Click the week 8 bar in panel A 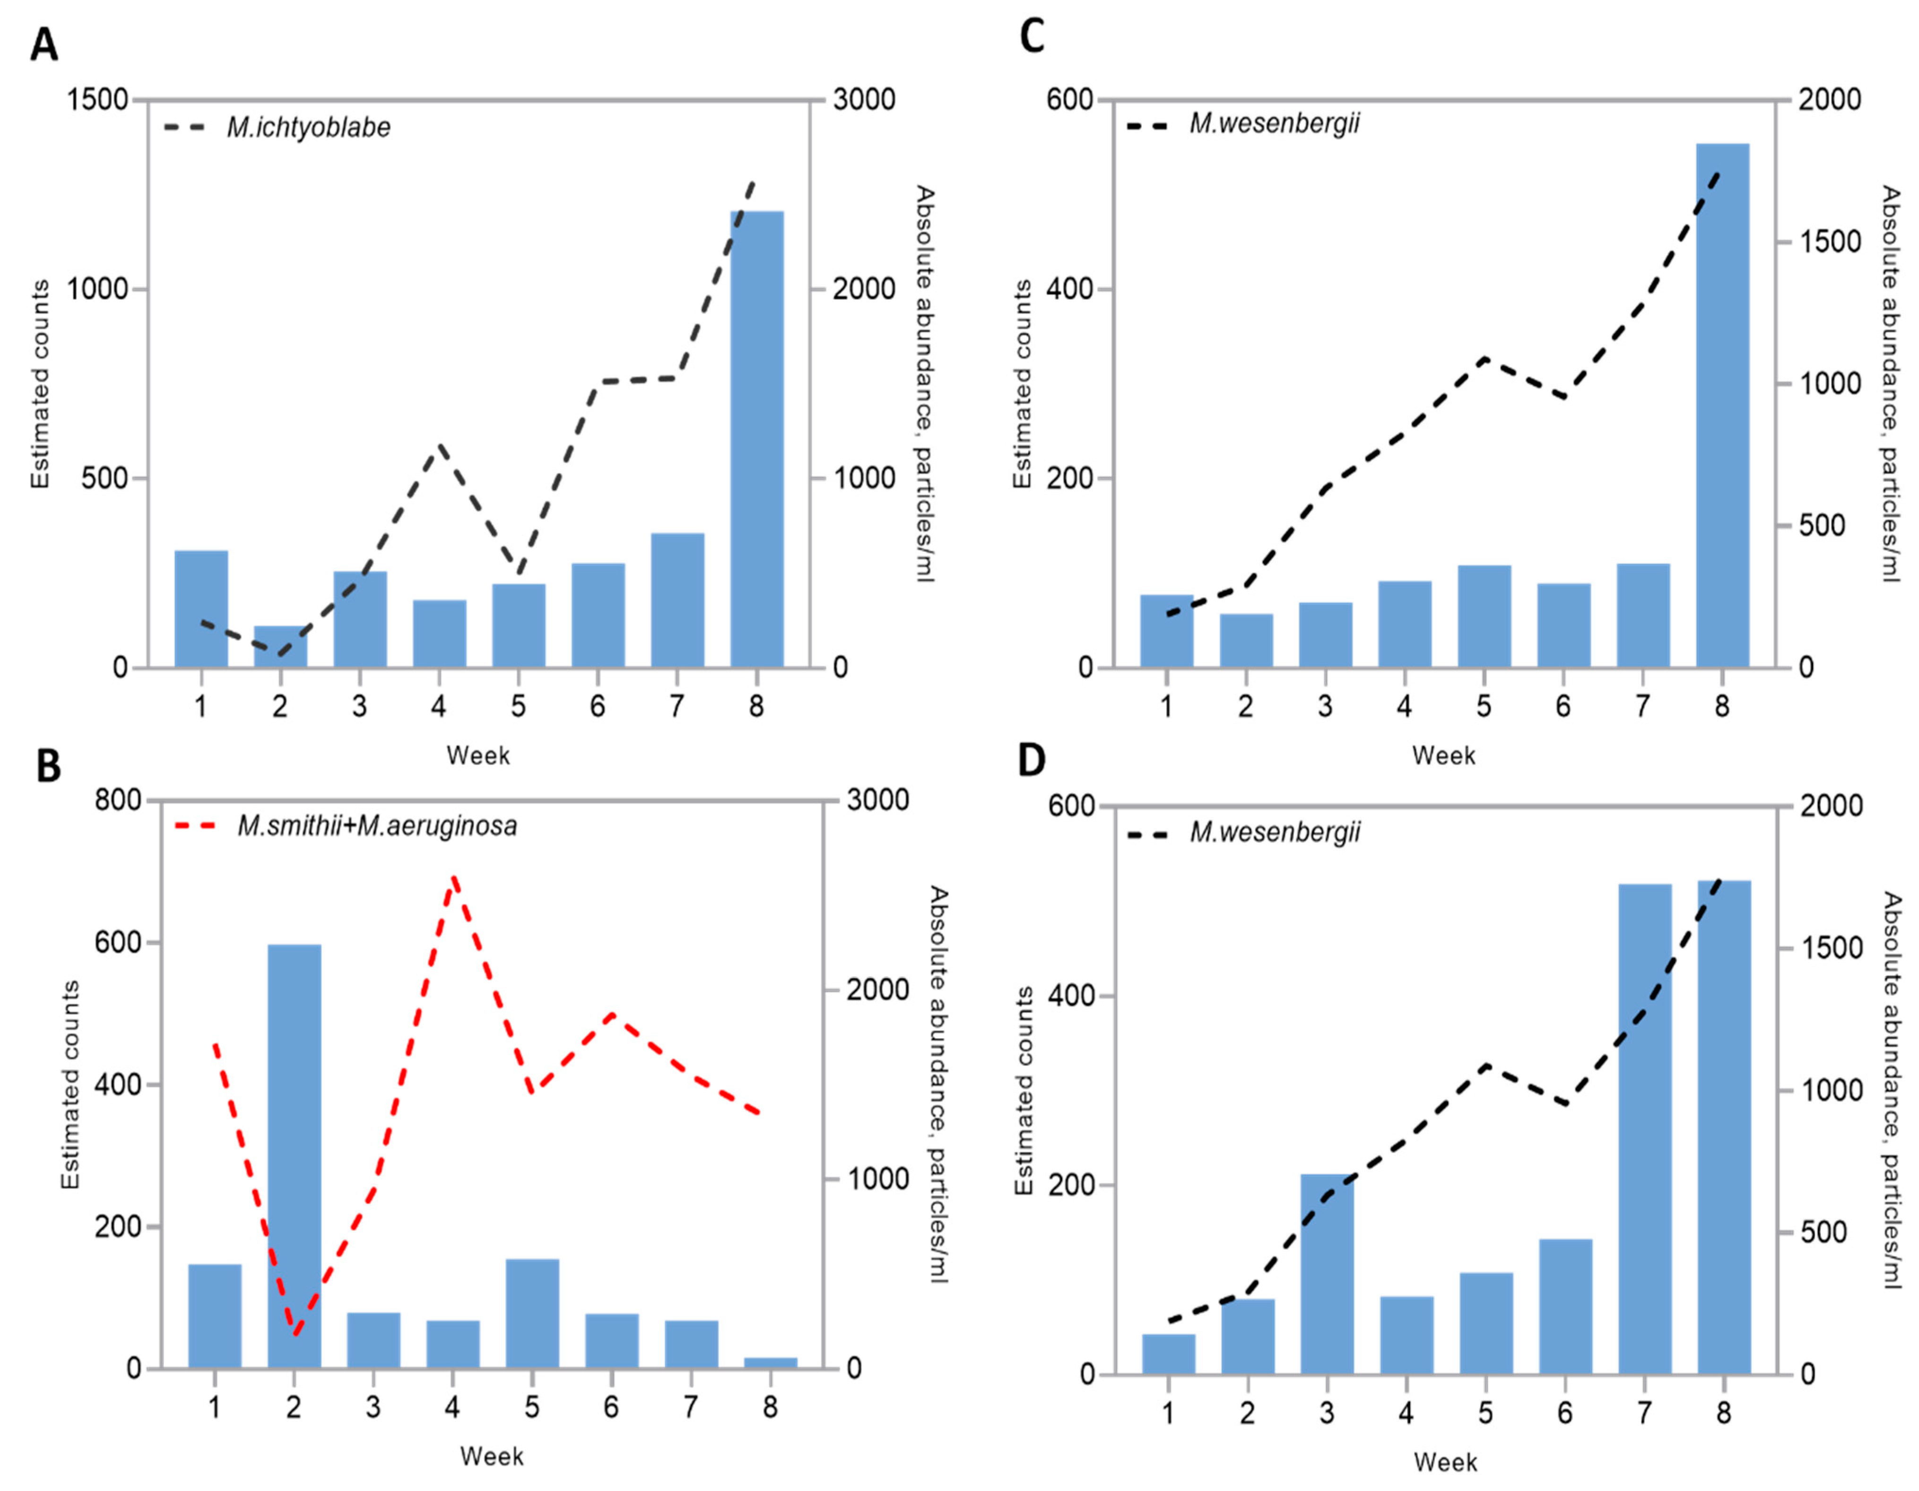tap(756, 439)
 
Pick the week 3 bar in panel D tap(1327, 1274)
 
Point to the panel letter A tap(44, 44)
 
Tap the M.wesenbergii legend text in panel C tap(1274, 123)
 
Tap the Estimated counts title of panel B tap(70, 1085)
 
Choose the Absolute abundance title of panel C tap(1889, 384)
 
